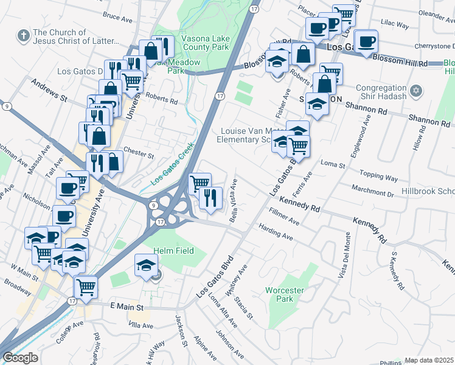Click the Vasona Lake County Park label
pos(205,42)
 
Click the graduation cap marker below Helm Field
pos(146,265)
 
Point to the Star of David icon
pos(416,91)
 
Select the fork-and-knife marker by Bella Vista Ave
pos(210,199)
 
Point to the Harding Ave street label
pos(276,232)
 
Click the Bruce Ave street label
pos(118,19)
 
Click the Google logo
pos(20,358)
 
